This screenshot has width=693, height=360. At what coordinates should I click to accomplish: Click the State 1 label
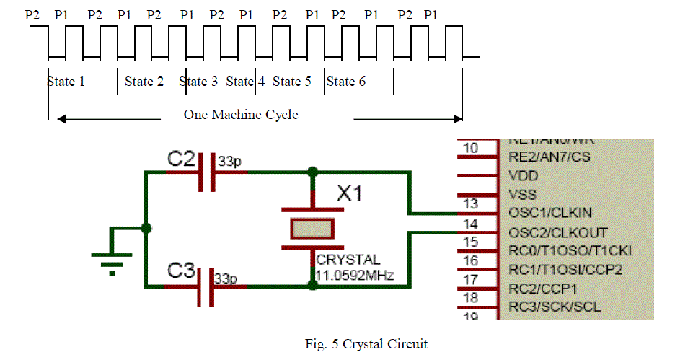tap(66, 82)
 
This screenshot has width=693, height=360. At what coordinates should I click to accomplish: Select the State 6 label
tap(346, 82)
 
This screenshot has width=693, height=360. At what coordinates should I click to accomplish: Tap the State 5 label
tap(292, 82)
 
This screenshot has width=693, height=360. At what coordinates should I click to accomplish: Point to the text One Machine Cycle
tap(241, 115)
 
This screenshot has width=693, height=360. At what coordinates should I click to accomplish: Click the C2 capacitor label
tap(181, 159)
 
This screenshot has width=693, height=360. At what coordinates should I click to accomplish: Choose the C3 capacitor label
tap(181, 271)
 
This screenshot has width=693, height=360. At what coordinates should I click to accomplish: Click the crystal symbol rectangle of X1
tap(312, 229)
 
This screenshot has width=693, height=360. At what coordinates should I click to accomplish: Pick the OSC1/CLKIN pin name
tap(548, 213)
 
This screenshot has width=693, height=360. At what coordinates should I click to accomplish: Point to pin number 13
tap(470, 205)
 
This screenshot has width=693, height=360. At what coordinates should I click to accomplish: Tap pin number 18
tap(470, 298)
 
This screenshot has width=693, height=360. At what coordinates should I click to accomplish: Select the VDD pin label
tap(524, 175)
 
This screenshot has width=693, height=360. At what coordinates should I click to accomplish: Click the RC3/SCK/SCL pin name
tap(554, 307)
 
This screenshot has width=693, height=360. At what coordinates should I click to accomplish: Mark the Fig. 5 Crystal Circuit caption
tap(366, 344)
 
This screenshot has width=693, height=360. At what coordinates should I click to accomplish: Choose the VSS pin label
tap(523, 194)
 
